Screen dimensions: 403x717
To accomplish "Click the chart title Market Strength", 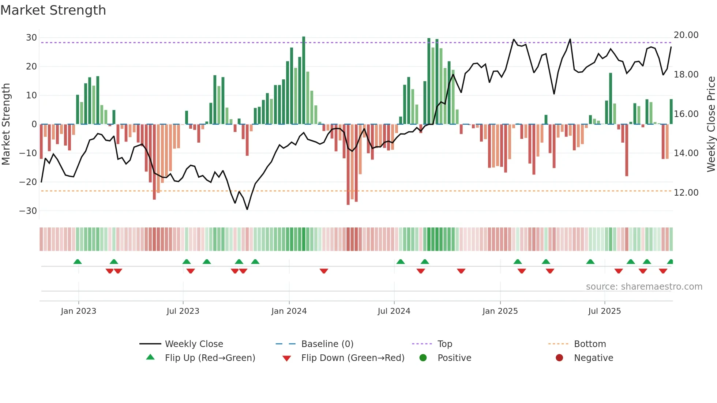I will point(53,10).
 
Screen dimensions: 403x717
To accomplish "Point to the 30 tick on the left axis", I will point(31,38).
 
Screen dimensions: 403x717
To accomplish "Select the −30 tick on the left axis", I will point(29,211).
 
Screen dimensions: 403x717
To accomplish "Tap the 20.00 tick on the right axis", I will point(686,35).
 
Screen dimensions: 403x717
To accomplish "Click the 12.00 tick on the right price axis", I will point(686,193).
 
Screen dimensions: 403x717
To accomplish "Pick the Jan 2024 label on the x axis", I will point(289,311).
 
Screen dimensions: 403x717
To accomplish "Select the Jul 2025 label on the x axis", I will point(604,311).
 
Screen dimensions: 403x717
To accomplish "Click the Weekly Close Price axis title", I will point(711,124).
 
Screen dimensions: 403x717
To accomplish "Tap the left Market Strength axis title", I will point(6,124).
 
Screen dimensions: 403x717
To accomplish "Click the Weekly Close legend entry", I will point(194,344).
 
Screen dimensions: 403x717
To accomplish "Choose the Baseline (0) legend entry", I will point(327,344).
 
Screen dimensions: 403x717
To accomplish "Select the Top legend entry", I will point(445,344).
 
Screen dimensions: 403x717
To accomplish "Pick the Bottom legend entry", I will point(590,344).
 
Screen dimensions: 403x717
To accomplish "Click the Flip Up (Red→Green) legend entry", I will point(210,358).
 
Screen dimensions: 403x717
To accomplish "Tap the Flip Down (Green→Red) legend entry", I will point(353,358).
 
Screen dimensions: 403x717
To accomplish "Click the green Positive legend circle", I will point(423,358).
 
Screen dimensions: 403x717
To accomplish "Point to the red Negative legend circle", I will point(559,358).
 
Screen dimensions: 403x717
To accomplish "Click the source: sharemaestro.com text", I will point(644,287).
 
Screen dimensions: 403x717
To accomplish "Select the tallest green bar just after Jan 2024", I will point(304,80).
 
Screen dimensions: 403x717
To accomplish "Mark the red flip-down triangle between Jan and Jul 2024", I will point(324,271).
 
